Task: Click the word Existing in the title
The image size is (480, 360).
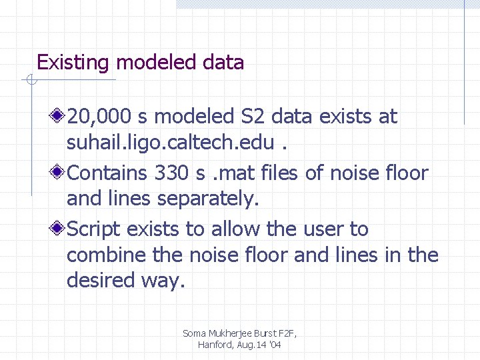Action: (74, 63)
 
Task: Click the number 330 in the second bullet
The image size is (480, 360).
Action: (171, 173)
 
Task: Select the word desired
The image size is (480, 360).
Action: (100, 281)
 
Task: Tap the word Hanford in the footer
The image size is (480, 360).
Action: (215, 345)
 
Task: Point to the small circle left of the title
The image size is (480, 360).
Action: (30, 81)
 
